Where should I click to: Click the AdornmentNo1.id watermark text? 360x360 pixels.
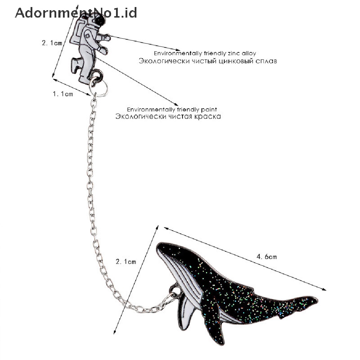coord(76,13)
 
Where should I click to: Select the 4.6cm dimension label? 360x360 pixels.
coord(266,257)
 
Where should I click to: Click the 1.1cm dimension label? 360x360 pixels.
coord(63,94)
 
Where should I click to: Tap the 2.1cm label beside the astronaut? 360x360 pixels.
coord(52,43)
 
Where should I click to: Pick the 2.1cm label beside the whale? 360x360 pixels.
coord(126,262)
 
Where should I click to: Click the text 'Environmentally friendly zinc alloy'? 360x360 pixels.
coord(205,53)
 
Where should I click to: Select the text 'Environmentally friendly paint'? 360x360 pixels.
coord(172,109)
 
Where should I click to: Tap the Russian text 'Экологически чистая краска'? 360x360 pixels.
coord(168,116)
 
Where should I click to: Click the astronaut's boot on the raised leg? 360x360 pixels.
coord(75,64)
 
